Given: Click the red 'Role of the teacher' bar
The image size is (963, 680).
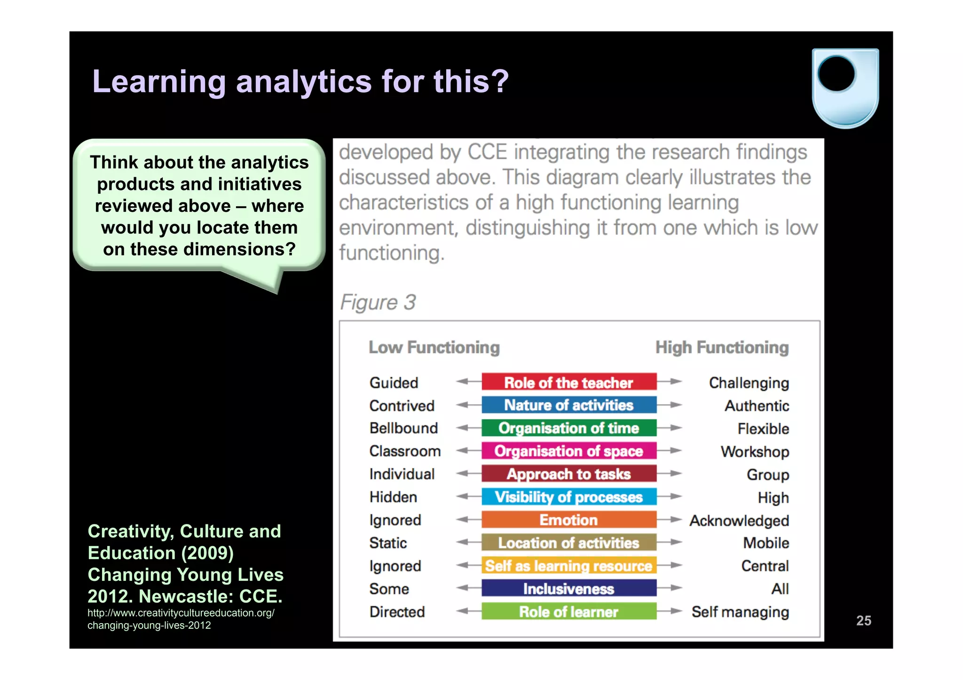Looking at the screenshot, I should click(x=568, y=382).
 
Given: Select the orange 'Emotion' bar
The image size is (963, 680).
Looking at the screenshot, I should click(x=568, y=520).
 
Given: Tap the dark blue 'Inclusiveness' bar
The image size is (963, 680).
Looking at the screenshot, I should click(x=568, y=588).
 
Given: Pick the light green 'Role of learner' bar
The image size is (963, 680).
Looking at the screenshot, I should click(x=568, y=611).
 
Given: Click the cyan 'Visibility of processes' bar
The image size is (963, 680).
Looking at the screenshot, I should click(x=568, y=497).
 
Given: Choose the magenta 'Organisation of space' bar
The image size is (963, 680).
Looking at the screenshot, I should click(x=568, y=451).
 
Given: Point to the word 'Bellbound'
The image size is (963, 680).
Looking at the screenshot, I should click(x=403, y=428).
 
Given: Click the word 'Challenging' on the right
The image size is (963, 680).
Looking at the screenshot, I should click(x=749, y=383).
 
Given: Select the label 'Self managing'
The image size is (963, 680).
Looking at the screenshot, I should click(x=740, y=612).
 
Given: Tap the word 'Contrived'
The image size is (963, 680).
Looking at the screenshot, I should click(x=402, y=406).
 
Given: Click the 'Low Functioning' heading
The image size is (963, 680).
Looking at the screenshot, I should click(x=434, y=347).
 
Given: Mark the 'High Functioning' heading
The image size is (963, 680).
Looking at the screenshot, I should click(x=722, y=347).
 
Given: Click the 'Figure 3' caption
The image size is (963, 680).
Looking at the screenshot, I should click(x=378, y=302).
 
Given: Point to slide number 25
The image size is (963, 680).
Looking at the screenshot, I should click(x=863, y=620).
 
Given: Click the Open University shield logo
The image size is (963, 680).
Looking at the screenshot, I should click(x=845, y=88).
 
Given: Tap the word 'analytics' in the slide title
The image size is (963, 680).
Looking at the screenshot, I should click(x=304, y=81).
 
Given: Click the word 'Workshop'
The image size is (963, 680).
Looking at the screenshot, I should click(x=755, y=452).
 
